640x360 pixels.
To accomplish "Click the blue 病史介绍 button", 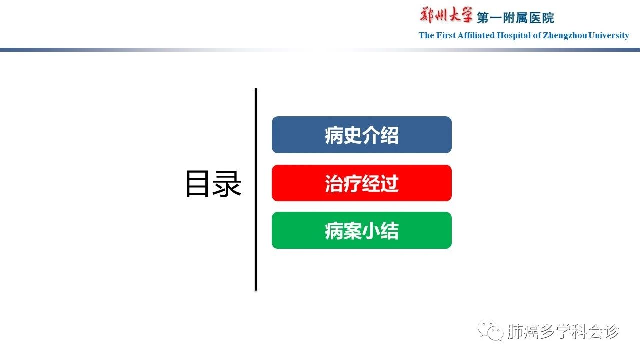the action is (361, 135).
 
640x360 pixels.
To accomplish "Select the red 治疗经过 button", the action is (361, 183).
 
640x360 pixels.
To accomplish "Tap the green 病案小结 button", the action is (361, 230).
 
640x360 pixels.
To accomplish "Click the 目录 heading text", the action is (213, 183).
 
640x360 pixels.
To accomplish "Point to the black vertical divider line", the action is (256, 189).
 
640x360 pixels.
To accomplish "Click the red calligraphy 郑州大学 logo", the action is (446, 15).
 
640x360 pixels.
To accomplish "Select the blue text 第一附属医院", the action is (515, 18).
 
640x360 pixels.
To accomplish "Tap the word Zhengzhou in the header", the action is (565, 36).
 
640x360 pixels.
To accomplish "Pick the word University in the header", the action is (609, 36).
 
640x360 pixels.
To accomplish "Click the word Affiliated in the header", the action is (476, 35).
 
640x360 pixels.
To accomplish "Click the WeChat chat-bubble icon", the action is (491, 330).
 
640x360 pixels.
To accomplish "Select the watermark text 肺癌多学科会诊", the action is (563, 331).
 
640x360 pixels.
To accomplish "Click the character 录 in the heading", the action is (227, 183).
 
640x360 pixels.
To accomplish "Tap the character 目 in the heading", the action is (197, 184).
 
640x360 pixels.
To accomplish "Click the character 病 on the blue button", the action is (334, 135).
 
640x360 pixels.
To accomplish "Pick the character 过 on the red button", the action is (389, 183).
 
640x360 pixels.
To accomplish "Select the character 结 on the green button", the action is (389, 231).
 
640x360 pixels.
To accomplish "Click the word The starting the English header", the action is (426, 35).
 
